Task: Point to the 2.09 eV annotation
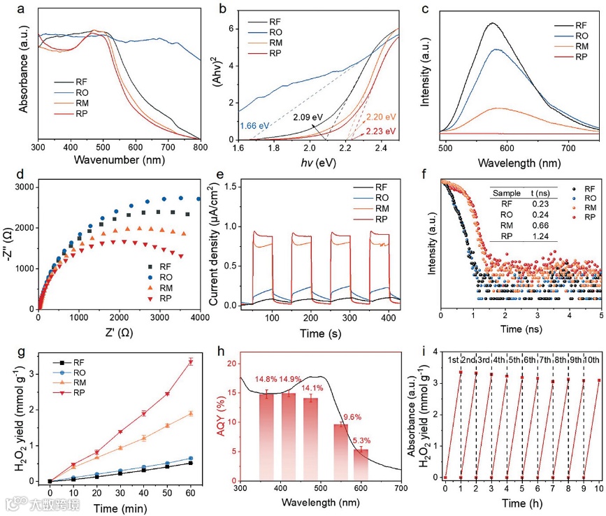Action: pyautogui.click(x=308, y=116)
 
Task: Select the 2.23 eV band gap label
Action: pyautogui.click(x=381, y=131)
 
